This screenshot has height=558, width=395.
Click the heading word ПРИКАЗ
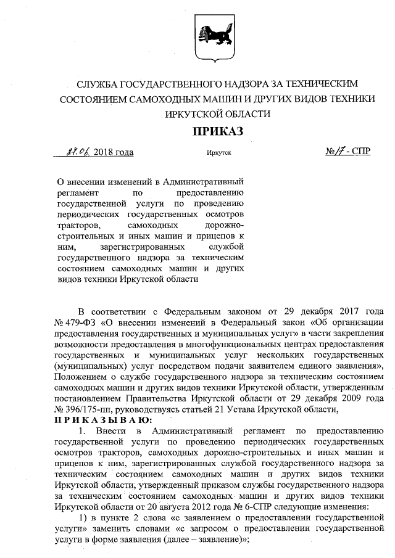tap(218, 131)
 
